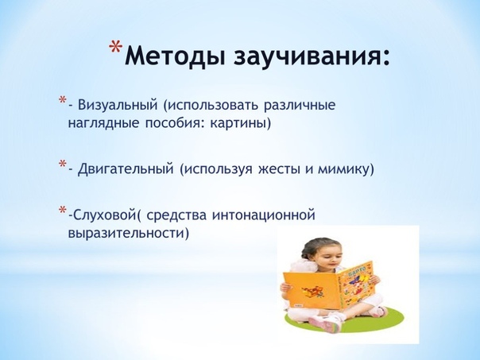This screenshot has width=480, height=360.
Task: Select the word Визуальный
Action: [x=118, y=105]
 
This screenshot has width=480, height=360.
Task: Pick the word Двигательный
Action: [x=126, y=169]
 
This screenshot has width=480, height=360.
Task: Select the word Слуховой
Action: [x=103, y=215]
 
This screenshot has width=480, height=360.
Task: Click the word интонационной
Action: [x=264, y=215]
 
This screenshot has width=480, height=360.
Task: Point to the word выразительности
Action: [x=126, y=234]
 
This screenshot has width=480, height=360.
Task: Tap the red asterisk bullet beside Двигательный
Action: [x=63, y=163]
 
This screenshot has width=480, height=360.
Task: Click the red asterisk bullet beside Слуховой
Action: [x=63, y=210]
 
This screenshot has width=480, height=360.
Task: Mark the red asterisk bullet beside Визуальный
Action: [x=63, y=99]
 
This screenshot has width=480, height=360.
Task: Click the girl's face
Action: [x=323, y=256]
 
